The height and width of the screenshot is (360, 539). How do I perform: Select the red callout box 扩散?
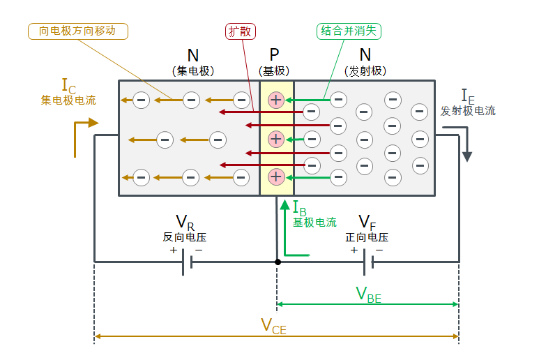241,31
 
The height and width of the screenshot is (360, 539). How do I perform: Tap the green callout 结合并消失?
349,31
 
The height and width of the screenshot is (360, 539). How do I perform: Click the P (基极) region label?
275,62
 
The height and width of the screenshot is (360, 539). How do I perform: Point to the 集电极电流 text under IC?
68,100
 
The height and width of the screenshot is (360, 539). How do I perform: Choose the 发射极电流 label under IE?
468,110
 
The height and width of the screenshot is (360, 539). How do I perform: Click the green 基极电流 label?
314,223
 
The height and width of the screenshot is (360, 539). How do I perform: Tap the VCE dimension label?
273,326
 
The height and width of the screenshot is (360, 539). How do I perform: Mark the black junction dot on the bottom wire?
278,262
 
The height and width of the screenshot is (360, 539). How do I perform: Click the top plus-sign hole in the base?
276,100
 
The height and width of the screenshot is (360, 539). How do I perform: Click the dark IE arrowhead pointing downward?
466,156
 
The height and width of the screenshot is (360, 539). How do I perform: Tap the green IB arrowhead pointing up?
284,205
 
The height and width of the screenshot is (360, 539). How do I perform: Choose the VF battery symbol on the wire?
368,263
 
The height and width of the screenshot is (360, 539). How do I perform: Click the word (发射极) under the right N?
365,71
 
